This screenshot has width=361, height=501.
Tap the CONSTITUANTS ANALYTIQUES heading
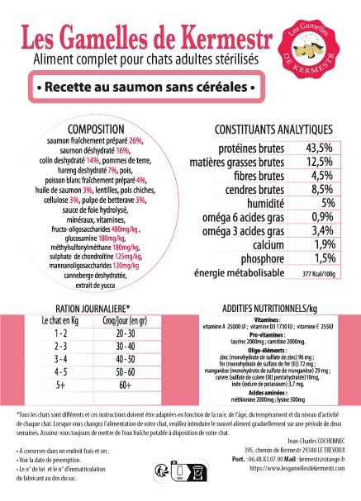[262, 130]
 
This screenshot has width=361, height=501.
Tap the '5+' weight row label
[59, 385]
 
